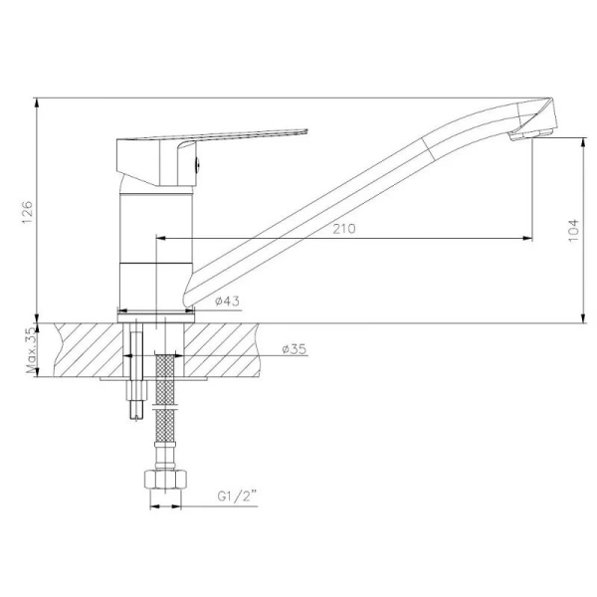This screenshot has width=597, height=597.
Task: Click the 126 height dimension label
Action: click(28, 212)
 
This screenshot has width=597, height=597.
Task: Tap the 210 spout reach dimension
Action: click(344, 229)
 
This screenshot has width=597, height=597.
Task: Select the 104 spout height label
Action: click(573, 230)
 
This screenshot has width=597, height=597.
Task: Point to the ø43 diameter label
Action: click(227, 301)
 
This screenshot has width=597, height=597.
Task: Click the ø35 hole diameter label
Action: click(295, 349)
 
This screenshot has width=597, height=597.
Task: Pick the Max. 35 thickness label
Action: click(32, 350)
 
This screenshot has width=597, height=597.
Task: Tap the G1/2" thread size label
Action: click(237, 497)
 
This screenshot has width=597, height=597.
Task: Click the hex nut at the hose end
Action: click(165, 481)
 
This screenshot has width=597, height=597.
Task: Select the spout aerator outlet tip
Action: click(530, 135)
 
